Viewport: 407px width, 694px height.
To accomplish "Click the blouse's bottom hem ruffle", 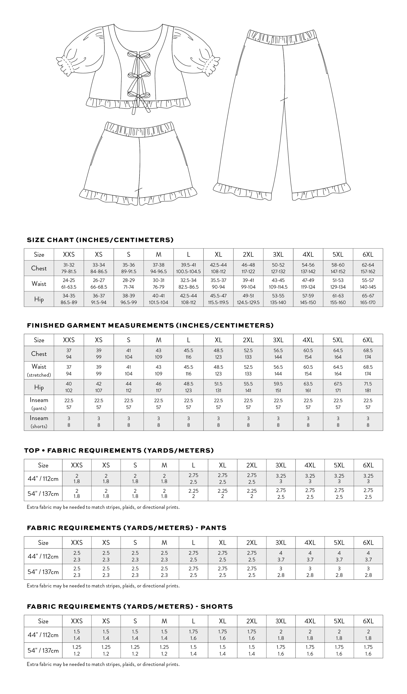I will point(138,103).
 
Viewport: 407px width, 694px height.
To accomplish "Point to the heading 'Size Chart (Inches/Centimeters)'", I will point(100,240).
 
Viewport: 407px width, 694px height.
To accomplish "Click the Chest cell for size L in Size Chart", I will point(188,268).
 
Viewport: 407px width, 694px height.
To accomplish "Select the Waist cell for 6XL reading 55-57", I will point(368,284).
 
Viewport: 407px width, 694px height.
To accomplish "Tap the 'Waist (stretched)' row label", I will point(39,370).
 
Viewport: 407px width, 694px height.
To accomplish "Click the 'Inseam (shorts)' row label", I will point(39,422).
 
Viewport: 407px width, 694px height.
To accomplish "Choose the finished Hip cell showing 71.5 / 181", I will point(368,387).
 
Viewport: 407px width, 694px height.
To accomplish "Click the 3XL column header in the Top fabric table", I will point(281,465).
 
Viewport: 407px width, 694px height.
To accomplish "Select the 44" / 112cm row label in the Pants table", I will point(43,556).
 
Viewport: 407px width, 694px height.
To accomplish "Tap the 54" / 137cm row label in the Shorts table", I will point(43,651).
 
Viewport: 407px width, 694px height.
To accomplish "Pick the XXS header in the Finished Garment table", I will point(69,340).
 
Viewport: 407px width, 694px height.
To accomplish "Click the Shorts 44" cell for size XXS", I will point(77,635).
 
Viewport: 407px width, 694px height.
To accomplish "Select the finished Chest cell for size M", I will point(159,354).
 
